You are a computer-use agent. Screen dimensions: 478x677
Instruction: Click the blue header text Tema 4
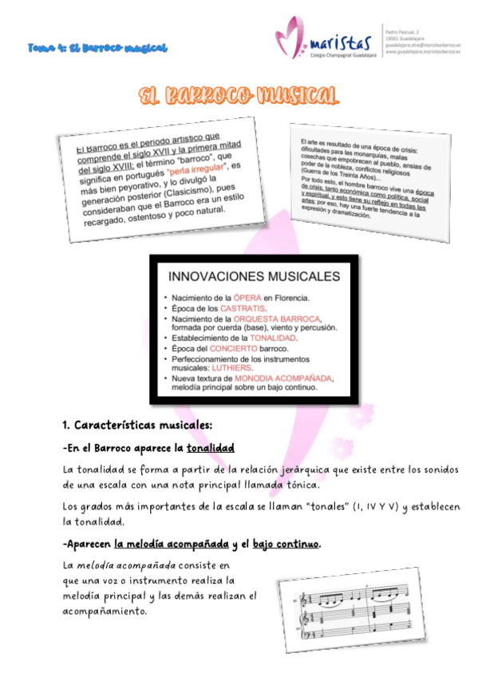pos(97,48)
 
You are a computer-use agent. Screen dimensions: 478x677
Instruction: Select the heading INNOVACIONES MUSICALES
pos(253,277)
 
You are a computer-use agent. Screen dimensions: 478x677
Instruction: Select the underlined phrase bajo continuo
pos(286,544)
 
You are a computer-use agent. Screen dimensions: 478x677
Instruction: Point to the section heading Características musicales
pos(144,423)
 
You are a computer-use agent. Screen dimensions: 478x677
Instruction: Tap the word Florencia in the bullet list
pos(286,297)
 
